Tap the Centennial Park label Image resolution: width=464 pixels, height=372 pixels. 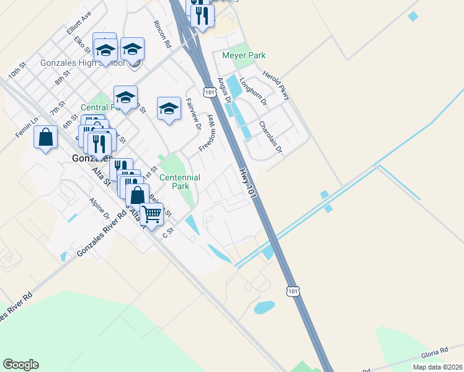tap(180, 182)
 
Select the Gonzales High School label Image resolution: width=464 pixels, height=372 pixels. tap(82, 63)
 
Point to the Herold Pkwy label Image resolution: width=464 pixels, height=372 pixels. tap(276, 85)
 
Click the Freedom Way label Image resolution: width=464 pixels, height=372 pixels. tap(206, 133)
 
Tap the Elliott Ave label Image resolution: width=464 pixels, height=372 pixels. tap(78, 22)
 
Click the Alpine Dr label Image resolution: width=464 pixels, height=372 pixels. tap(99, 209)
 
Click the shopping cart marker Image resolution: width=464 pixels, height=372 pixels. tap(151, 215)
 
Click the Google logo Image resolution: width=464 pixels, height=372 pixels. tap(20, 365)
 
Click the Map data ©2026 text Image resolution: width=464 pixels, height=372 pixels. tap(437, 367)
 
